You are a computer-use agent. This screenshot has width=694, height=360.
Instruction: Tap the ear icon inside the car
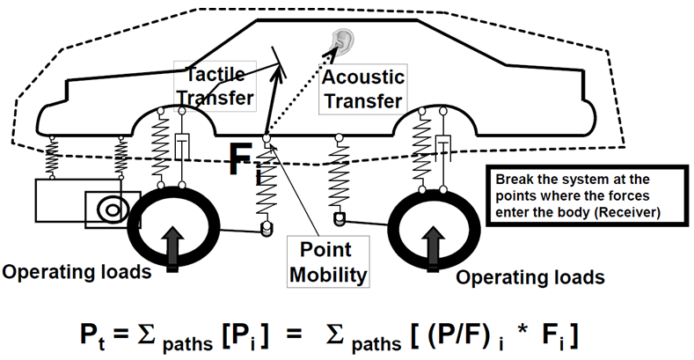(x=339, y=40)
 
